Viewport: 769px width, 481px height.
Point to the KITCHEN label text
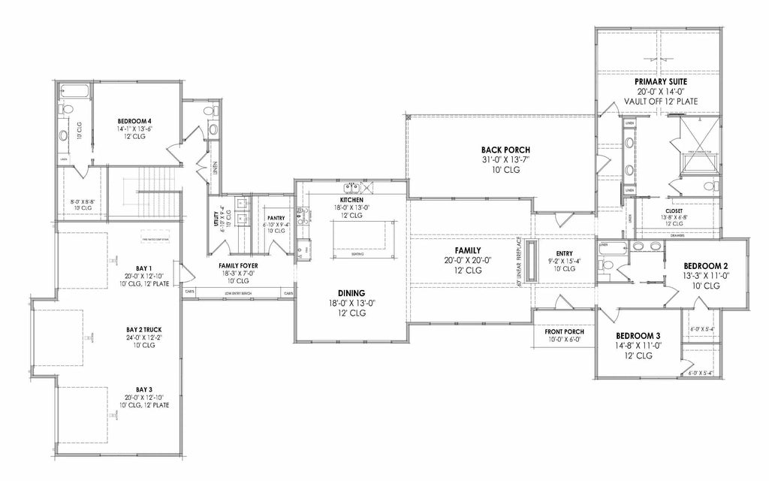351,199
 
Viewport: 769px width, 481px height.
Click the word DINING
351,293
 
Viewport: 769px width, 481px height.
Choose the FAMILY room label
467,251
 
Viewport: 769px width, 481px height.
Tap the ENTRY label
565,253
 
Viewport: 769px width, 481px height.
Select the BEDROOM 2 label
705,267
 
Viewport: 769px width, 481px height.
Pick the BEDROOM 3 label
638,335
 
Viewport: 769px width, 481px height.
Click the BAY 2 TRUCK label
143,329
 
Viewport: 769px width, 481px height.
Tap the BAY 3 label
143,389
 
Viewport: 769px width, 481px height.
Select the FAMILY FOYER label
239,265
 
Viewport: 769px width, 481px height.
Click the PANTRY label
276,217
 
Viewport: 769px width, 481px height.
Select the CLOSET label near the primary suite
674,210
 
